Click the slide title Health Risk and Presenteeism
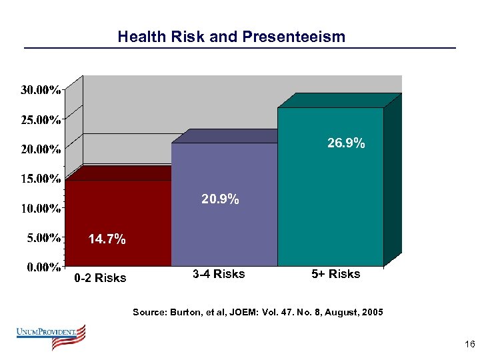[x=231, y=37]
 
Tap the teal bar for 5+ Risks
[x=330, y=200]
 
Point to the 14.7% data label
[x=107, y=239]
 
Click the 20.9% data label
[x=221, y=199]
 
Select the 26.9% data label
[x=345, y=143]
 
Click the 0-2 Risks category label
[x=100, y=278]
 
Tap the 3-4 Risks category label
[x=219, y=274]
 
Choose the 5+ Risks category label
[x=335, y=274]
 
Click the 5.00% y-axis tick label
[x=43, y=237]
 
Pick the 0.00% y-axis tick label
[x=43, y=267]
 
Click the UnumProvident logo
[x=52, y=336]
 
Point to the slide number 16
[x=469, y=344]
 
